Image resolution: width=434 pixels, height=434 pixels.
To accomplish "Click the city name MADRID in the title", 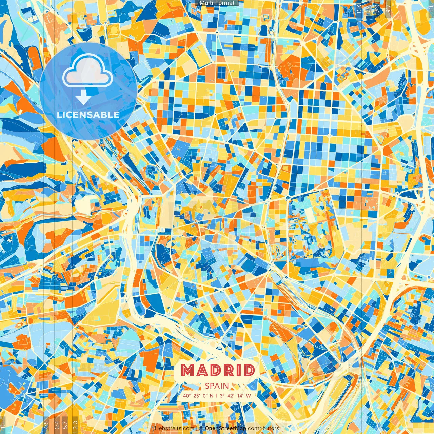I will (218, 370).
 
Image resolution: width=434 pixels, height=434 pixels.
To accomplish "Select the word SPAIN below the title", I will (217, 386).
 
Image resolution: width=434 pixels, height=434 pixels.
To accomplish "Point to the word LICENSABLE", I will (88, 115).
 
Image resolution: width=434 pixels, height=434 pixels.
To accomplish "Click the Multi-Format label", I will (217, 3).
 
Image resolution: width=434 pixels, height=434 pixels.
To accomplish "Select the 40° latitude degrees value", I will (187, 396).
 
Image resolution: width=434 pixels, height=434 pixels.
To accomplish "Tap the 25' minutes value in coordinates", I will (197, 396).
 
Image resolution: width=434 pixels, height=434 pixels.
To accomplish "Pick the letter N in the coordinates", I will (212, 396).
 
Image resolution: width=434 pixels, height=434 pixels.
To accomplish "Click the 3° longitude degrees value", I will (222, 396).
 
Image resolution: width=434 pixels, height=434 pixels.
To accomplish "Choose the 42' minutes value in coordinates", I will (231, 396).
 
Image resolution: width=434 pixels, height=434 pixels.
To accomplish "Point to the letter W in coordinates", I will (249, 396).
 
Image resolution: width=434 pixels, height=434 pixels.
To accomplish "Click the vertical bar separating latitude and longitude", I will (217, 396).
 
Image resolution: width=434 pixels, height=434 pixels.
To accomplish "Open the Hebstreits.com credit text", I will (175, 428).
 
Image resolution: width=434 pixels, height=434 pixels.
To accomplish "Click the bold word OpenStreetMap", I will (225, 428).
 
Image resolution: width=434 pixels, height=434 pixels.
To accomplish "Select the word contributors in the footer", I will (263, 428).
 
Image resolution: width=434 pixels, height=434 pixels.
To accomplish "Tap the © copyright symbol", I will (201, 428).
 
